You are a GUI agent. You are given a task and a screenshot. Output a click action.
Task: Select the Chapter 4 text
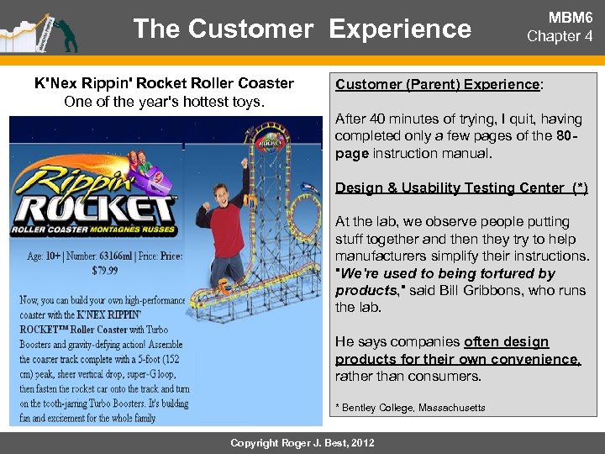point(565,36)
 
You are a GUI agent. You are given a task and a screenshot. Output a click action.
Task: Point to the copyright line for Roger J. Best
point(302,442)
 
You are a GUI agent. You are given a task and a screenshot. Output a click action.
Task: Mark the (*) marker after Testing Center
point(577,187)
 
